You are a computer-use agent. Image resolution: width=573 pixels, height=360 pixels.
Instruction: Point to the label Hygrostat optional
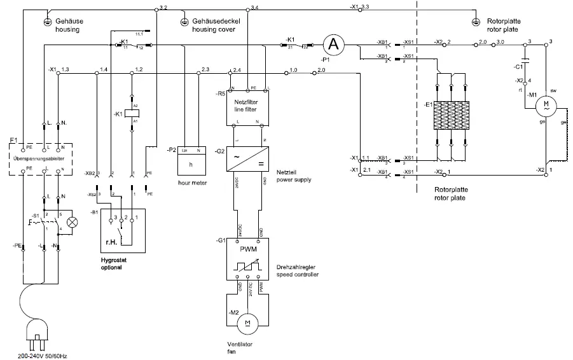[111, 263]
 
